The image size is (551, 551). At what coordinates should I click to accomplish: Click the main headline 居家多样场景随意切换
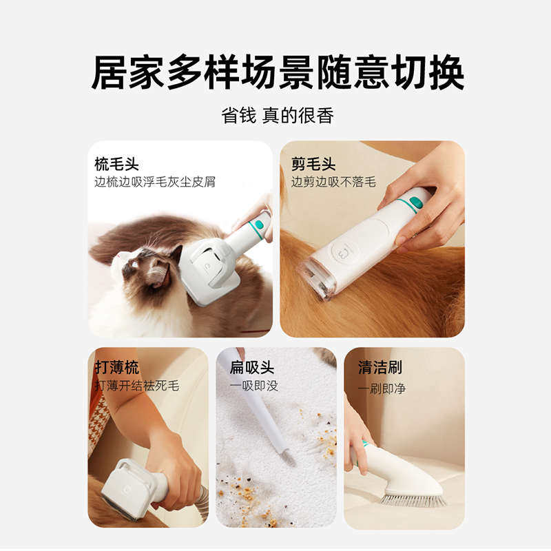tap(277, 73)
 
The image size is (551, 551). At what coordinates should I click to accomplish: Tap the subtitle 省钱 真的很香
tap(277, 115)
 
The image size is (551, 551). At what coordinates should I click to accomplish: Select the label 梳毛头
tap(116, 164)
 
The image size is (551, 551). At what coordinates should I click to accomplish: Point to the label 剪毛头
tap(313, 164)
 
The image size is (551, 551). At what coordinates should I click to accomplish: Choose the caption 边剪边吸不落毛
tap(333, 182)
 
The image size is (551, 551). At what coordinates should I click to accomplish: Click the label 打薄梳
tap(116, 367)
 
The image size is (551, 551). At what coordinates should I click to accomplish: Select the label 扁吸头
tap(251, 367)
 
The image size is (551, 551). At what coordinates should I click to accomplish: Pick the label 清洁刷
tap(380, 367)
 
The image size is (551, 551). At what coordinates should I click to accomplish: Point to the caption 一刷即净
tap(382, 388)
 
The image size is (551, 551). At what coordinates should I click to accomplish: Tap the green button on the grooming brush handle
tap(259, 225)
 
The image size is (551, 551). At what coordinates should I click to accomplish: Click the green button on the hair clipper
tap(415, 202)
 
